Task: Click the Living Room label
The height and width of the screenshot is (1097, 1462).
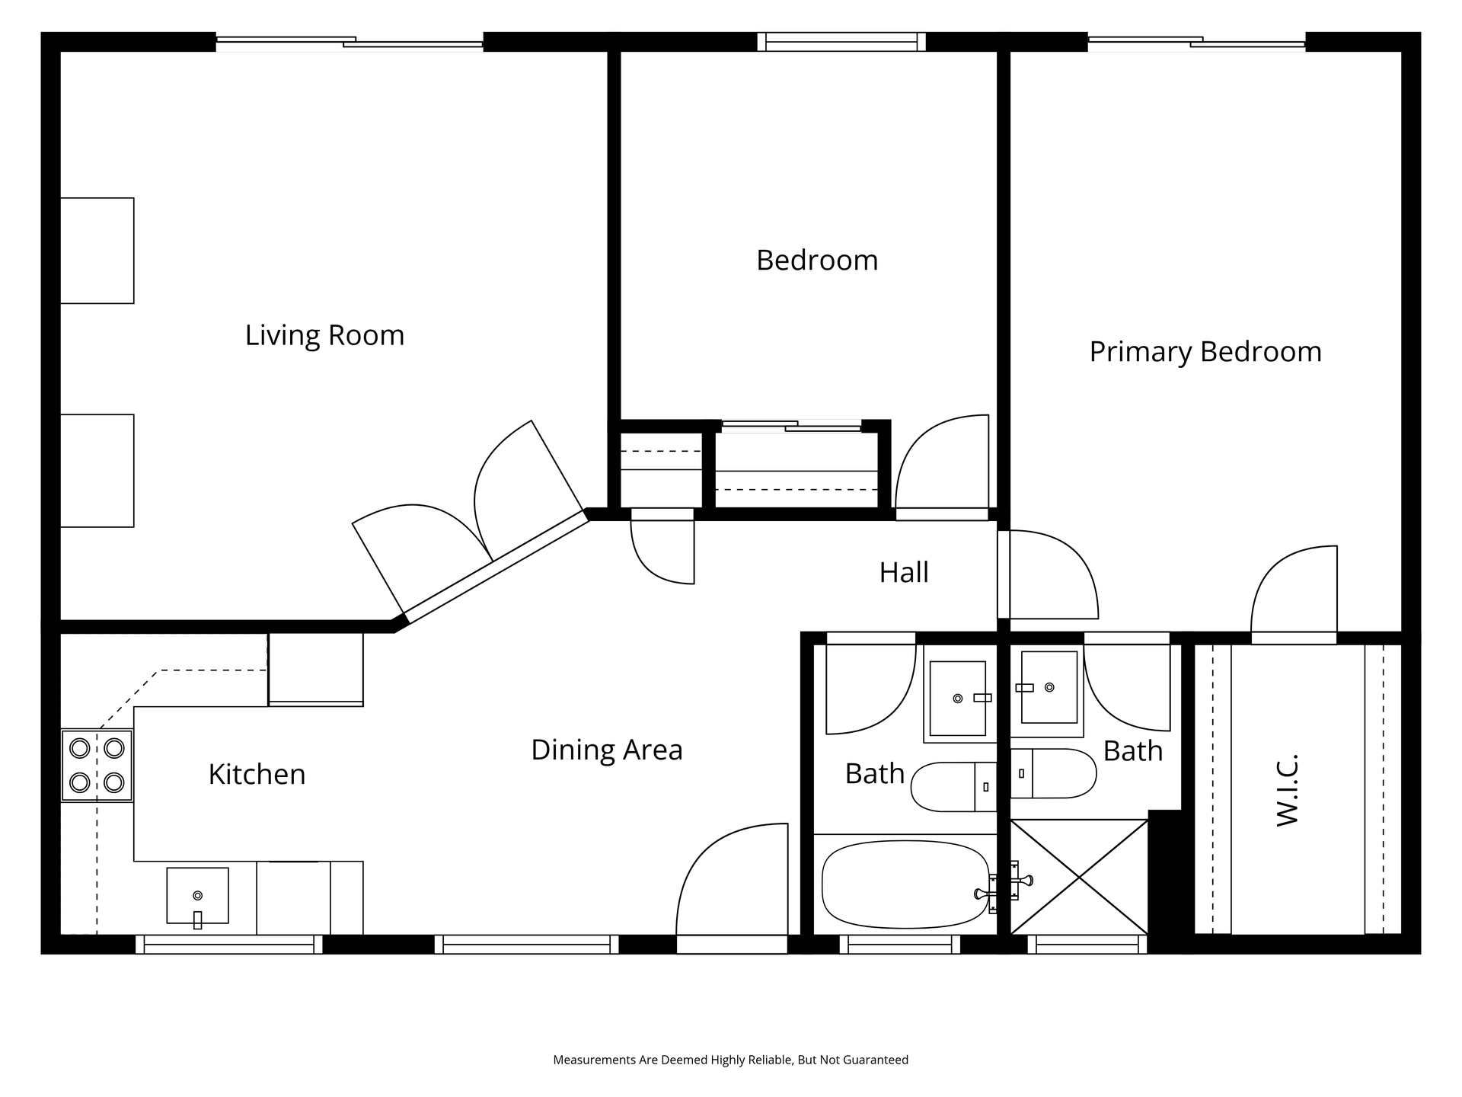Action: click(324, 335)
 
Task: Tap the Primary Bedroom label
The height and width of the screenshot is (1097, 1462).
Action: click(1205, 352)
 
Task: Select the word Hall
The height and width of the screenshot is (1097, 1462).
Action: click(904, 572)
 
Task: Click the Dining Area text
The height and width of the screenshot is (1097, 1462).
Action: click(607, 750)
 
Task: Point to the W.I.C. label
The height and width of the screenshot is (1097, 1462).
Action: click(1286, 790)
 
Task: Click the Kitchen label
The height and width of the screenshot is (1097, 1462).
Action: click(257, 774)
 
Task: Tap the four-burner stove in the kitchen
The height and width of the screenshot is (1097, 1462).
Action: click(97, 765)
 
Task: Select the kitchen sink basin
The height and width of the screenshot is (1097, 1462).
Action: click(197, 896)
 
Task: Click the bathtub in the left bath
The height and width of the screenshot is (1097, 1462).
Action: click(905, 884)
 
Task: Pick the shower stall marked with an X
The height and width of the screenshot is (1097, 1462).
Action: click(1079, 877)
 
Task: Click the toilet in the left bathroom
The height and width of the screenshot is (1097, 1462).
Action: click(954, 786)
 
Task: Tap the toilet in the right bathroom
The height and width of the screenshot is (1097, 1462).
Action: click(1053, 773)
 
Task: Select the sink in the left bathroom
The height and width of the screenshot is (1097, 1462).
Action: click(958, 699)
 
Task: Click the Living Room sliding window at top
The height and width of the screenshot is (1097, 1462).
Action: click(350, 43)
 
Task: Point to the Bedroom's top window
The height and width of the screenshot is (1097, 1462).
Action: click(841, 42)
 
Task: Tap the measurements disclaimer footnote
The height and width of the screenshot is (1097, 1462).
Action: click(731, 1060)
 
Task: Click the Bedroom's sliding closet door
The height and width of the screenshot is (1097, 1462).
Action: click(791, 426)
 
